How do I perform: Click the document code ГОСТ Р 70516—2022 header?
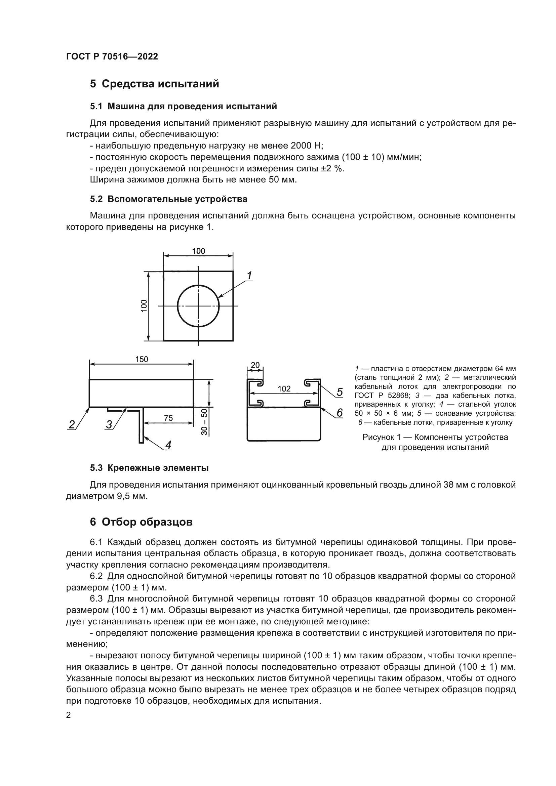click(112, 56)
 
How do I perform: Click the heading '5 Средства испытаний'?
click(154, 84)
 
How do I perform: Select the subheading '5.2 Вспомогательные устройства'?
click(168, 199)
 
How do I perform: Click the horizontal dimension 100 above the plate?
click(198, 251)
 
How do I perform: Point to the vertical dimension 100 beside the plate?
click(144, 305)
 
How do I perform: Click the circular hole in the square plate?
click(198, 306)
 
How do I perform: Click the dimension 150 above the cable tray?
click(142, 359)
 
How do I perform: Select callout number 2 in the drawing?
click(72, 424)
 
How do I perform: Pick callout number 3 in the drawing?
click(109, 424)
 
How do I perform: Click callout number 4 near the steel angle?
click(168, 445)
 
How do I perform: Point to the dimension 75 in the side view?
click(168, 418)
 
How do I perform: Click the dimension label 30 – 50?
click(205, 422)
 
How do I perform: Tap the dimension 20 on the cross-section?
click(255, 365)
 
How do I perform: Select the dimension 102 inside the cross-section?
click(284, 388)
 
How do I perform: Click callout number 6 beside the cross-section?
click(339, 413)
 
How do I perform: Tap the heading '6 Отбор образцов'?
click(141, 522)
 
